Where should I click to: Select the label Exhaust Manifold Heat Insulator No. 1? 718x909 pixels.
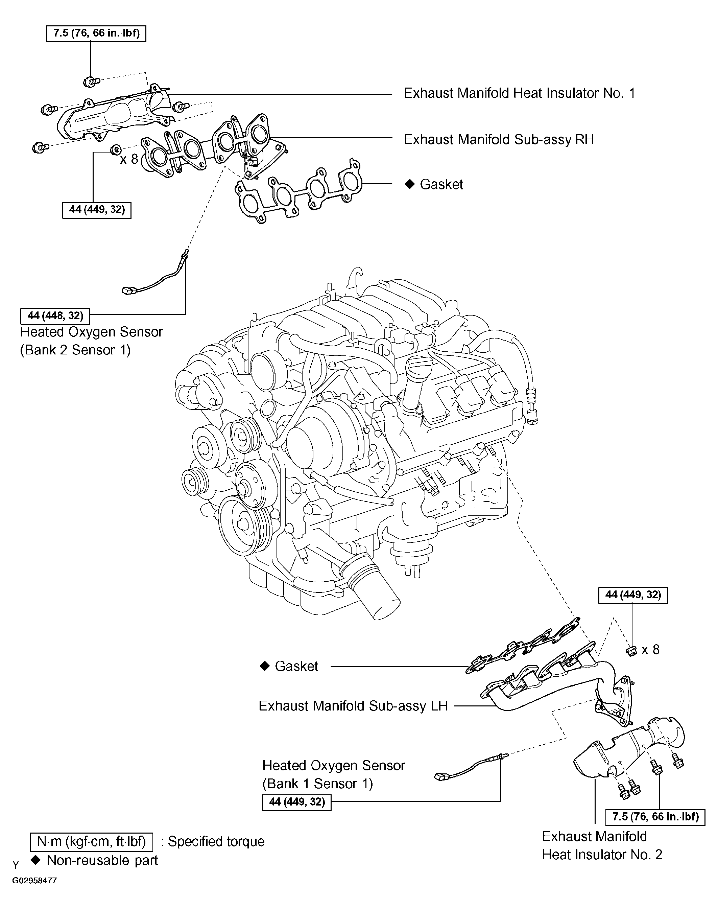(519, 93)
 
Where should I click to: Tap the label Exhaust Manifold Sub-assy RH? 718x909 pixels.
(499, 140)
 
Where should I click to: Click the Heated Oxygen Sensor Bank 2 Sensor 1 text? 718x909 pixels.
(91, 341)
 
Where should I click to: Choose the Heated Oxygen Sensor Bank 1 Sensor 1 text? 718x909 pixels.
(333, 774)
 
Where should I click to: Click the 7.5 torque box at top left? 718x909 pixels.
(96, 33)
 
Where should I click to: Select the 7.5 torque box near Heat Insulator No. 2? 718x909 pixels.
(655, 816)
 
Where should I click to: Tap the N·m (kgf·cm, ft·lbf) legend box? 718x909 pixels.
(91, 841)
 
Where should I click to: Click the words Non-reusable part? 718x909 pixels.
(102, 860)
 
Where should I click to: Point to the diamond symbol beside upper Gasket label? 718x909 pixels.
(409, 184)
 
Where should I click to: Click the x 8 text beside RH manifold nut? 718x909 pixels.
(129, 159)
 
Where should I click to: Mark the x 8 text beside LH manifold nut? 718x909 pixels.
(650, 650)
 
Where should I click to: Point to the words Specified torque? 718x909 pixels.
(216, 841)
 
